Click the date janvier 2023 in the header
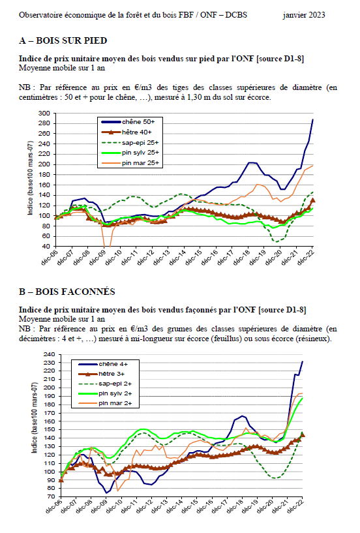point(303,15)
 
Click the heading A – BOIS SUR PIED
point(63,41)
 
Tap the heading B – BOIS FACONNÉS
point(67,292)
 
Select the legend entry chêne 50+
point(138,122)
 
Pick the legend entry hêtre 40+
point(137,132)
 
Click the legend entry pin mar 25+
point(140,163)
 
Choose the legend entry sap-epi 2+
point(115,384)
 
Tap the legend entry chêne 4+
point(113,364)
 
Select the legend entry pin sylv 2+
point(115,393)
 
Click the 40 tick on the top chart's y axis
point(47,246)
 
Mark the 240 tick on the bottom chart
point(50,354)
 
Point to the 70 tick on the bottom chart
point(52,496)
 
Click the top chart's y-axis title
point(30,178)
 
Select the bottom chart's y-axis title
point(35,418)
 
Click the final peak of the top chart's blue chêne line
point(313,119)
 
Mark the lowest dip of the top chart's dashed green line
point(277,241)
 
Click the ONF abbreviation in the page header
point(209,15)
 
